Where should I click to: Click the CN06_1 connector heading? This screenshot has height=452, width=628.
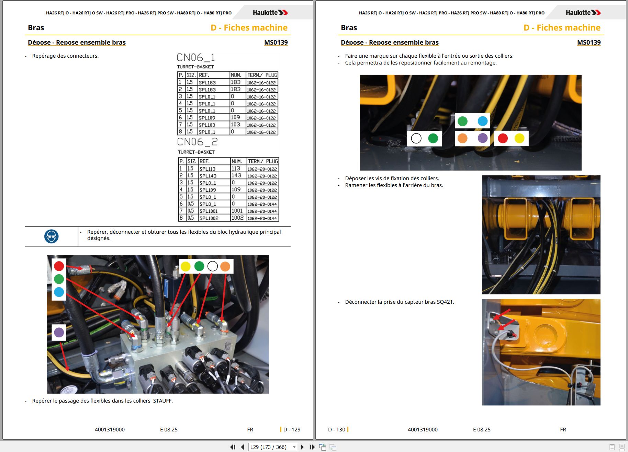[x=196, y=57]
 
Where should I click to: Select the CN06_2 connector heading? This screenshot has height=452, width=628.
[x=197, y=142]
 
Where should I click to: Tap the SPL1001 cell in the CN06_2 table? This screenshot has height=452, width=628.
[x=209, y=211]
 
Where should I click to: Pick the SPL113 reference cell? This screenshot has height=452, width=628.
[x=208, y=169]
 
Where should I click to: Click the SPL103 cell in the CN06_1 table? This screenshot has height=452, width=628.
[x=207, y=125]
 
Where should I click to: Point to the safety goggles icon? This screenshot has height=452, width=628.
[x=52, y=236]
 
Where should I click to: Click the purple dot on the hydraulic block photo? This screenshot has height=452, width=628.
[x=59, y=332]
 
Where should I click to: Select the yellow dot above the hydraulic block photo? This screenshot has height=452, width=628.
[x=186, y=266]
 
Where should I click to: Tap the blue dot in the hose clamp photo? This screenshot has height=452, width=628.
[x=483, y=121]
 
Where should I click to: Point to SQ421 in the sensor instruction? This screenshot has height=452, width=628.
[x=445, y=302]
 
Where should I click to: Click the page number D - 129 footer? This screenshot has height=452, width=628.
[x=292, y=430]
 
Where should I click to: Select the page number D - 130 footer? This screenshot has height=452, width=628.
[x=337, y=430]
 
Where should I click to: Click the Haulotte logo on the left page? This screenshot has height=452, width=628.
[x=270, y=13]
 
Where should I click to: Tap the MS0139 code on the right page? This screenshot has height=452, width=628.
[x=589, y=43]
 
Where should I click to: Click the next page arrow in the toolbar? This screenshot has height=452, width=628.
[x=302, y=447]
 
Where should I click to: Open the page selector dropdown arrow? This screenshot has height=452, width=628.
[x=294, y=447]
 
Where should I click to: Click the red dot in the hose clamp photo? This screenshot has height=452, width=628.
[x=503, y=138]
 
